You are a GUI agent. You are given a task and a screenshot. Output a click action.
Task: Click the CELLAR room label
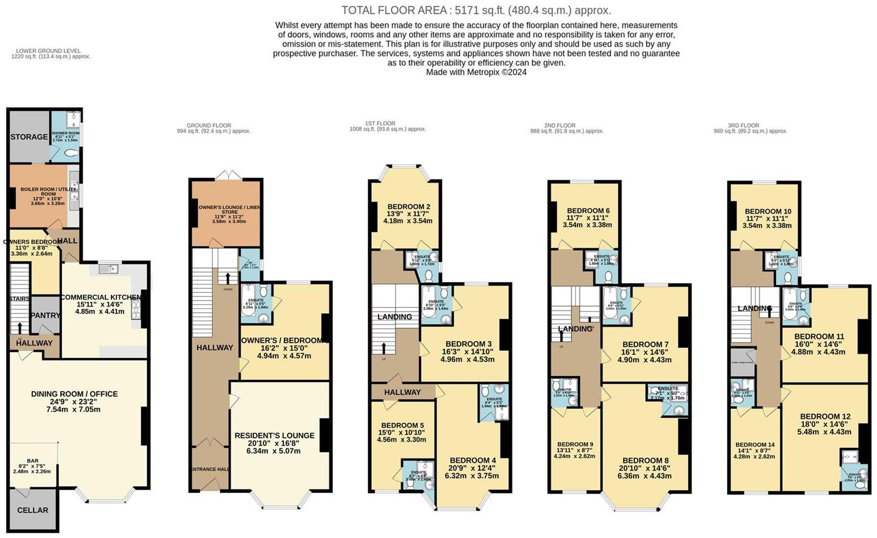pyautogui.click(x=33, y=510)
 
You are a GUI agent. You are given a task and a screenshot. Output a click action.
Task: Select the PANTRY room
pyautogui.click(x=45, y=316)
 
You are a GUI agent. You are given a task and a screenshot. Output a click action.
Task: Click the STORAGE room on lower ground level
pyautogui.click(x=29, y=137)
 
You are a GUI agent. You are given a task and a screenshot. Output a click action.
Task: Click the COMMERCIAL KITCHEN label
pyautogui.click(x=101, y=297)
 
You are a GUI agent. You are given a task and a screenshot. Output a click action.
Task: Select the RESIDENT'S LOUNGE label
pyautogui.click(x=274, y=436)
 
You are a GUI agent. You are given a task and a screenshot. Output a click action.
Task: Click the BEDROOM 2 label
pyautogui.click(x=408, y=207)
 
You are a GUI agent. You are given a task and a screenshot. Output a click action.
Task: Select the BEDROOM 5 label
pyautogui.click(x=402, y=425)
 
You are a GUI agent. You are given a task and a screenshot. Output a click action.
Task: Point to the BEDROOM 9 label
pyautogui.click(x=575, y=444)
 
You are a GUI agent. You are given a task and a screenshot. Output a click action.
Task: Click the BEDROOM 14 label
pyautogui.click(x=755, y=445)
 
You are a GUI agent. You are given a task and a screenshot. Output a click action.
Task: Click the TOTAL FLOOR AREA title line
pyautogui.click(x=476, y=10)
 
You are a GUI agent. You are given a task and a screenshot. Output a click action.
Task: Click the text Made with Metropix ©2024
pyautogui.click(x=476, y=72)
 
